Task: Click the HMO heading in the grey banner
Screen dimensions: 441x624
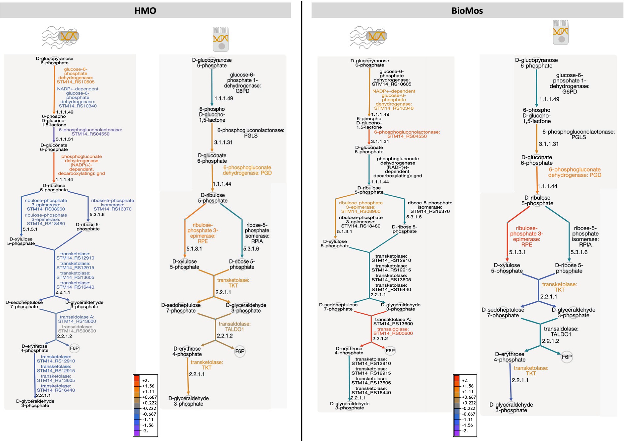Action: click(145, 11)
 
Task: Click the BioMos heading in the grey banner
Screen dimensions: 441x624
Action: click(467, 11)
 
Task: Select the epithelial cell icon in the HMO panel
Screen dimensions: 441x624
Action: click(221, 39)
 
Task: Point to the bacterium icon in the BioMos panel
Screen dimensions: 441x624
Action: click(368, 37)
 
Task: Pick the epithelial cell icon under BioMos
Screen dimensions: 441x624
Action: click(561, 32)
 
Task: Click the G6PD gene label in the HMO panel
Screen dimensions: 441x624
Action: click(242, 91)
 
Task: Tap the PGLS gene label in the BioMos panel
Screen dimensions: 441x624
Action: click(578, 137)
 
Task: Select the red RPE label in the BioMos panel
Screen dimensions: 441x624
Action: click(526, 245)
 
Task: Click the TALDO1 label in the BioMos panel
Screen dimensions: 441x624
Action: click(561, 334)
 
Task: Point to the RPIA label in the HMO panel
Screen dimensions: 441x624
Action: click(257, 241)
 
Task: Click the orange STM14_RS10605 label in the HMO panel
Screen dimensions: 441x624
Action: click(76, 82)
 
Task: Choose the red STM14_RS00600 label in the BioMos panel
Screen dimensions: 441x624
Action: click(393, 333)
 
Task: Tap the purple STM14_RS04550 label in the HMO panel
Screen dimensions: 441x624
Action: click(90, 134)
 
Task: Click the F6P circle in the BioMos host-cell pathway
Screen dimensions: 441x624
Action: click(567, 357)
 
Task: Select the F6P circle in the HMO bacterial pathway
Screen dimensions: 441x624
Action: click(74, 348)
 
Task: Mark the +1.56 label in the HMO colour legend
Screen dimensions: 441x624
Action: click(148, 386)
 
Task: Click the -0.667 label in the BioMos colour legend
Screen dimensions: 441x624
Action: click(469, 414)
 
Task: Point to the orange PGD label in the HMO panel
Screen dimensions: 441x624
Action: click(266, 173)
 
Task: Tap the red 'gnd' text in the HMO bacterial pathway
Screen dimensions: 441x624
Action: click(101, 173)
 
